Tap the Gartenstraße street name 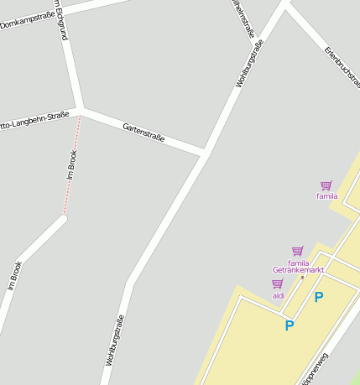tap(143, 132)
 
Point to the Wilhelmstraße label tap(243, 17)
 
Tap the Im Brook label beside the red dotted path tap(72, 165)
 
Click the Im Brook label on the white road tap(14, 275)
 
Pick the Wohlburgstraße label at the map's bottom tap(115, 340)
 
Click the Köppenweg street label tap(314, 369)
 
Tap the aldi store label tap(279, 295)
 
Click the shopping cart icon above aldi tap(278, 284)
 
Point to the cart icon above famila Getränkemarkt tap(297, 251)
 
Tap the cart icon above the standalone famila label tap(326, 185)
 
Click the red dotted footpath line tap(71, 168)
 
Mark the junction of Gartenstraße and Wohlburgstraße tap(205, 153)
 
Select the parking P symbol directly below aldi tap(290, 325)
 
